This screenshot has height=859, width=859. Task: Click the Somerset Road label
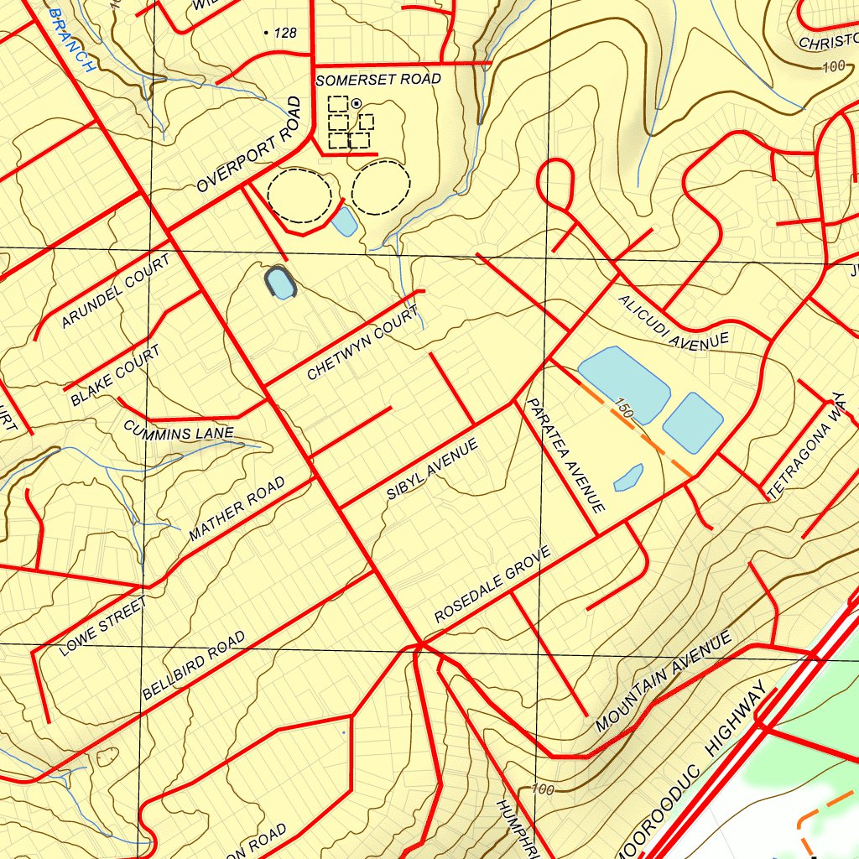(x=378, y=80)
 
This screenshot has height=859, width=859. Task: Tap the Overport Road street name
(x=248, y=146)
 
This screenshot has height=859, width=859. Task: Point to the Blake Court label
(x=115, y=375)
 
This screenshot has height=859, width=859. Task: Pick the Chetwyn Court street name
(x=362, y=344)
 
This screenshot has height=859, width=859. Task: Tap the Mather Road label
(x=237, y=508)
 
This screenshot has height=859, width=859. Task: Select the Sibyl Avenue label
(x=432, y=469)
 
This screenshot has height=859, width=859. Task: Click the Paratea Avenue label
(x=565, y=456)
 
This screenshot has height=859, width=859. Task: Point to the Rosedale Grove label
(x=492, y=585)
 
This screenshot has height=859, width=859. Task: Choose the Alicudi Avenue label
(x=674, y=322)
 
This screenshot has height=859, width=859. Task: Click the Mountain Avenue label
(x=664, y=681)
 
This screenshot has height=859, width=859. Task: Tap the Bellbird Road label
(x=194, y=665)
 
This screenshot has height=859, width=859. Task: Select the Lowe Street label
(x=103, y=626)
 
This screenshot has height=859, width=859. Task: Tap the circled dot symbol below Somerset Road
(x=357, y=103)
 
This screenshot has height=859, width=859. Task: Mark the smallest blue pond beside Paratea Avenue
(x=628, y=477)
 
